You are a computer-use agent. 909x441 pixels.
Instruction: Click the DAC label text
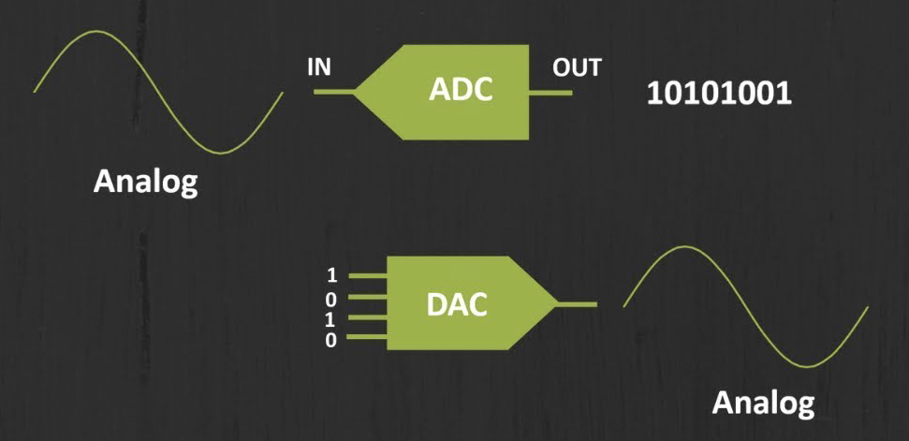coord(457,304)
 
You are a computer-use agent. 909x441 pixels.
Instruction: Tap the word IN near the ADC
coord(319,68)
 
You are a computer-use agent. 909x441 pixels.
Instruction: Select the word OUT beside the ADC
coord(577,68)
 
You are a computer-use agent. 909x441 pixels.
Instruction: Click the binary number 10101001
coord(719,95)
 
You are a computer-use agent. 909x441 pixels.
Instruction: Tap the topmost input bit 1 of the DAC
coord(330,275)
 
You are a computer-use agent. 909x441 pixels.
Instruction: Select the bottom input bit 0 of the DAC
coord(330,340)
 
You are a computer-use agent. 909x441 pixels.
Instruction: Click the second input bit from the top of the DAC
coord(330,299)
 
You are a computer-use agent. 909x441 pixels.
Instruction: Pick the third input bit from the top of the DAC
coord(330,319)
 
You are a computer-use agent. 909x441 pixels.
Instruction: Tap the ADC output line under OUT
coord(551,92)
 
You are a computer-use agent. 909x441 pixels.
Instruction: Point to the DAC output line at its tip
coord(578,304)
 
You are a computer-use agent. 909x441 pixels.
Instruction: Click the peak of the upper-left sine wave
coord(95,32)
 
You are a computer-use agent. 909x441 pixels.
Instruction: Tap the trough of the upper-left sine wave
coord(221,153)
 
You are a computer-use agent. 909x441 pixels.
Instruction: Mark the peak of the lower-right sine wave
coord(683,246)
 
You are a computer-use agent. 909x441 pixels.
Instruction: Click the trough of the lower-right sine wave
coord(807,366)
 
